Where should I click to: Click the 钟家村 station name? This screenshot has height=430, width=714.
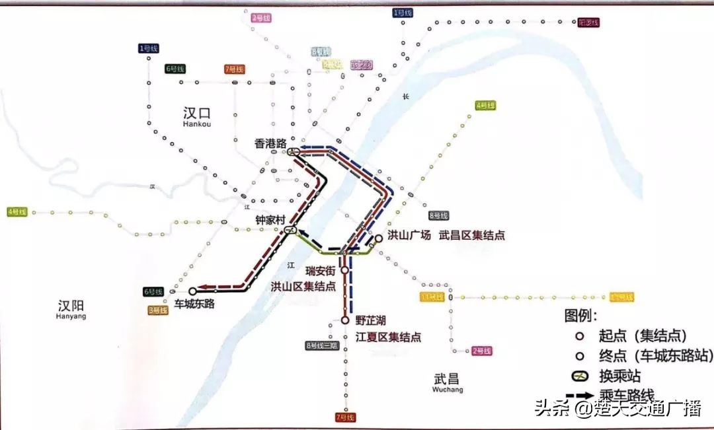tap(270, 220)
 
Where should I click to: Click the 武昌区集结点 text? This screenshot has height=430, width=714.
tap(471, 235)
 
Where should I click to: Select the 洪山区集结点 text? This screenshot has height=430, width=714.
tap(303, 286)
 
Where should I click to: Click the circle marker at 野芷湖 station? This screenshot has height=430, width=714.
tap(344, 320)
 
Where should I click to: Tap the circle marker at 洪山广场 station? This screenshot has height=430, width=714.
tap(379, 238)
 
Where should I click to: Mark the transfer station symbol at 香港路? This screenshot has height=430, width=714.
tap(294, 152)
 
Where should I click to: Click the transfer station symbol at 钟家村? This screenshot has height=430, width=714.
tap(290, 231)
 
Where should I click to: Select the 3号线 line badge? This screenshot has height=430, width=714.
tap(158, 310)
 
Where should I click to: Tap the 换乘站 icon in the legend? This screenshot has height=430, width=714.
tap(579, 376)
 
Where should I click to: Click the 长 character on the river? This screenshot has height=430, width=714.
tap(406, 98)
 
